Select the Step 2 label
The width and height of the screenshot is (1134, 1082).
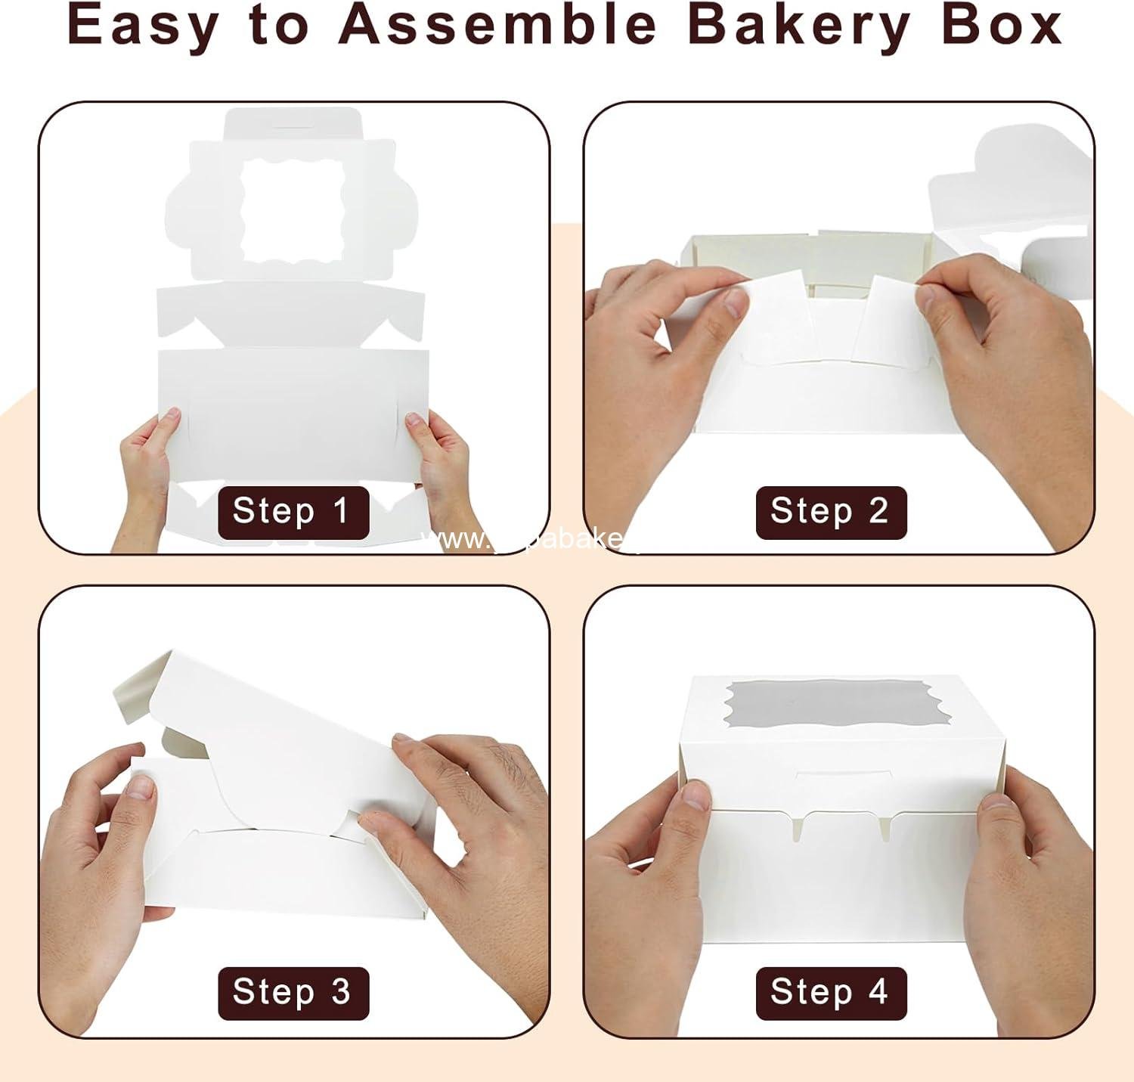pos(830,512)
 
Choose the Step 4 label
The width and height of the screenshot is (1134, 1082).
pos(830,992)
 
